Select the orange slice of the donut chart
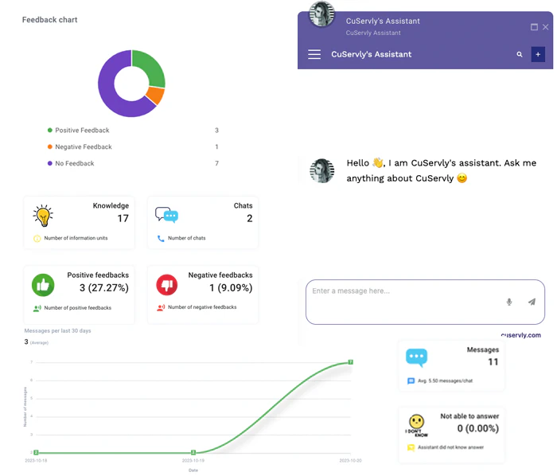coord(157,96)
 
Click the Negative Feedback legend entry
coord(83,146)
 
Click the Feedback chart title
coord(50,19)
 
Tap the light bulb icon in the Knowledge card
coord(42,216)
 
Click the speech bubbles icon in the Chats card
coord(166,215)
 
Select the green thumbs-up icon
coord(42,284)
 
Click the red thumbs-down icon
coord(166,284)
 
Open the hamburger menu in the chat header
coord(314,54)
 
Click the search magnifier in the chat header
coord(520,54)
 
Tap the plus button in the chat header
coord(539,54)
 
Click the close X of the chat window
coord(545,27)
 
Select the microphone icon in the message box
coord(509,302)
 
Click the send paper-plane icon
coord(532,302)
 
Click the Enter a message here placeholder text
coord(351,291)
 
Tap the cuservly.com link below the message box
coord(520,335)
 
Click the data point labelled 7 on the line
coord(350,362)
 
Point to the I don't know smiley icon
coord(415,424)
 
